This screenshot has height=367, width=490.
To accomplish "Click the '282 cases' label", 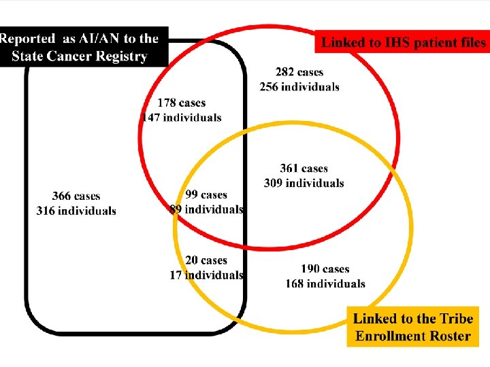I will tap(299, 72).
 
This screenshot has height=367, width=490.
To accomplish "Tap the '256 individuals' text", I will tap(299, 87).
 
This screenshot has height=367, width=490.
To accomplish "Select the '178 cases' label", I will tap(181, 103).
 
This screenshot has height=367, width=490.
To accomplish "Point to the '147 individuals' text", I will tap(182, 117).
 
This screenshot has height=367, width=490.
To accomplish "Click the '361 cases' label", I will tap(304, 169).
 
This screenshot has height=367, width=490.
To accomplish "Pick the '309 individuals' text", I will tap(304, 183).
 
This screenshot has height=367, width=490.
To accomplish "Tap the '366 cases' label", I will tap(76, 196).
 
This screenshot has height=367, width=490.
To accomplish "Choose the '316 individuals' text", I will tap(76, 211).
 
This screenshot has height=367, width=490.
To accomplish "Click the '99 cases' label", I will tap(206, 195).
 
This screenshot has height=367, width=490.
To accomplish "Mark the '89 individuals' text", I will tap(206, 209).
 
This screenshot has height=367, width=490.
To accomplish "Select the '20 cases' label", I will tap(206, 260).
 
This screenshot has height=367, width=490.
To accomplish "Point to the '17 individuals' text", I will tap(206, 275).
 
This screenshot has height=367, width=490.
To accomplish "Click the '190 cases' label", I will tap(325, 269).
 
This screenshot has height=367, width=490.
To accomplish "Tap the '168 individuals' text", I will tap(325, 283).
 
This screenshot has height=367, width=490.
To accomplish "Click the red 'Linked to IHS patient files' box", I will tap(403, 42).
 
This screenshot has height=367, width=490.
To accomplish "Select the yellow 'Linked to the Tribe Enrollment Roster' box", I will tap(413, 327).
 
